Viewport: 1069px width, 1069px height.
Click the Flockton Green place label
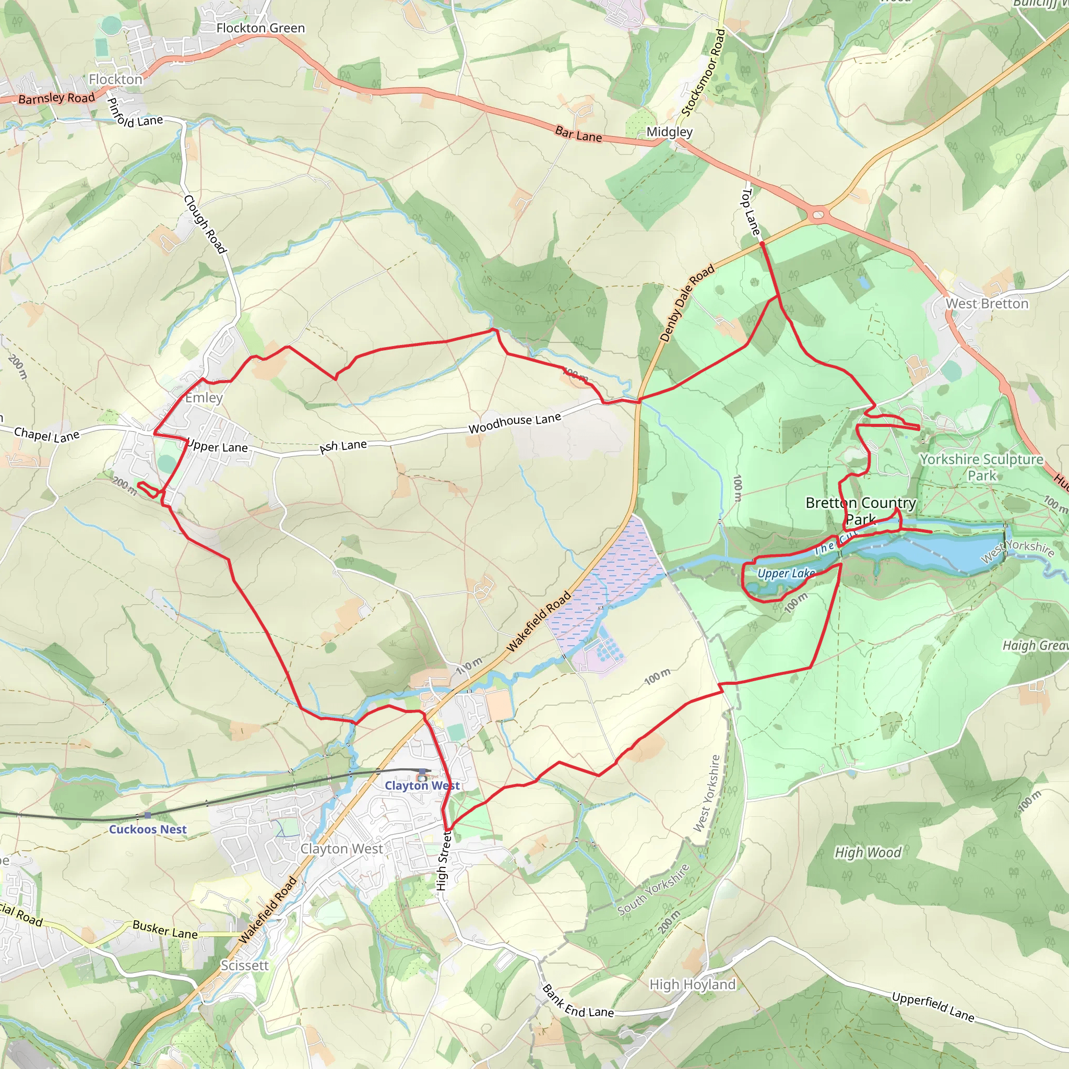(x=260, y=28)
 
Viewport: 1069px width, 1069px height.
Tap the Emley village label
(x=204, y=397)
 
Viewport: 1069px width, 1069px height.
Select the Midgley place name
(x=670, y=132)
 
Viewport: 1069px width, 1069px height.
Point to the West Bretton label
(x=987, y=303)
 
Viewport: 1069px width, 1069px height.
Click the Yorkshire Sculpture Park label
(x=981, y=467)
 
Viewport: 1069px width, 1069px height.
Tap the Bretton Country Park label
(x=860, y=510)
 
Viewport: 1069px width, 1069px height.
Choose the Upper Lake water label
(x=786, y=573)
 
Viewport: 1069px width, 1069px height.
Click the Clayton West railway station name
(x=422, y=785)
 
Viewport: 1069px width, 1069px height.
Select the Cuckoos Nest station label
(x=148, y=829)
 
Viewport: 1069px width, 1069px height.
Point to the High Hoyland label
(x=692, y=984)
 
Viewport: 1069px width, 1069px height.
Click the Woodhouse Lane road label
(x=515, y=423)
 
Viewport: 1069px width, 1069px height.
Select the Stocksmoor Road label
(x=703, y=73)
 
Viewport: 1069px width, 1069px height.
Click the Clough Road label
(x=205, y=224)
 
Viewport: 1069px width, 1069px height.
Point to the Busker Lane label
(x=165, y=930)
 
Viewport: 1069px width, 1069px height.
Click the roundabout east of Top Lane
(x=818, y=213)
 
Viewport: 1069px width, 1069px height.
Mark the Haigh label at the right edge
(x=1035, y=646)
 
